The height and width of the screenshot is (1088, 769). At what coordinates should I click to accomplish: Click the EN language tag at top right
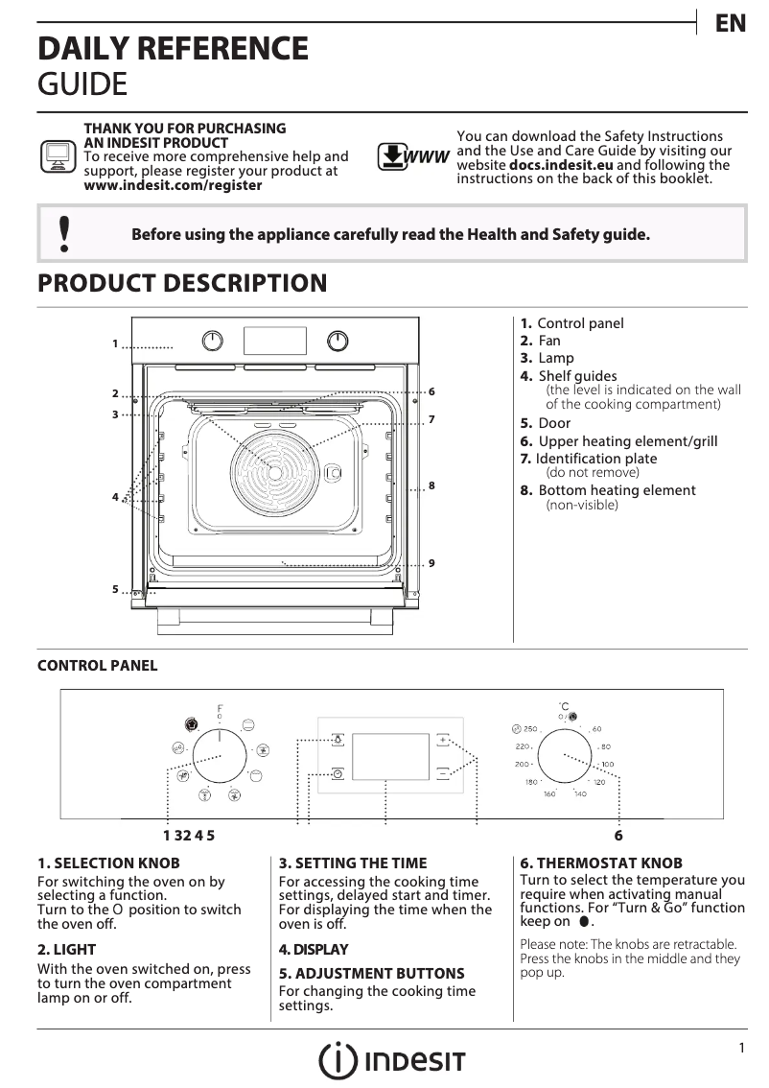731,24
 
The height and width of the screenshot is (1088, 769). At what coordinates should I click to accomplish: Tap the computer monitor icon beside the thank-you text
57,155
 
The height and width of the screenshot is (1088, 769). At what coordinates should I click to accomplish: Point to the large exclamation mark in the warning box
64,234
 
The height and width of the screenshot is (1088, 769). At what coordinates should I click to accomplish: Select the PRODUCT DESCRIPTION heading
182,283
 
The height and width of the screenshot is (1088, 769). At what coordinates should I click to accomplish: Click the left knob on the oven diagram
213,341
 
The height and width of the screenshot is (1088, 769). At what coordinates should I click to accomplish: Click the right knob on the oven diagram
338,341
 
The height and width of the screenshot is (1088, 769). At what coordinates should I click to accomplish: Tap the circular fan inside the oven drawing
275,472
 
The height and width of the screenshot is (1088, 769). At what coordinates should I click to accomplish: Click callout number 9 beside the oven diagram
432,562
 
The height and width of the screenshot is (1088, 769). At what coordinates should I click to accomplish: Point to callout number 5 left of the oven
114,589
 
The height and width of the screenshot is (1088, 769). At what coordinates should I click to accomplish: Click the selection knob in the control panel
220,755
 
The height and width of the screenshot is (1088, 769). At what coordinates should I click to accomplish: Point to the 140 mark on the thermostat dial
579,794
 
